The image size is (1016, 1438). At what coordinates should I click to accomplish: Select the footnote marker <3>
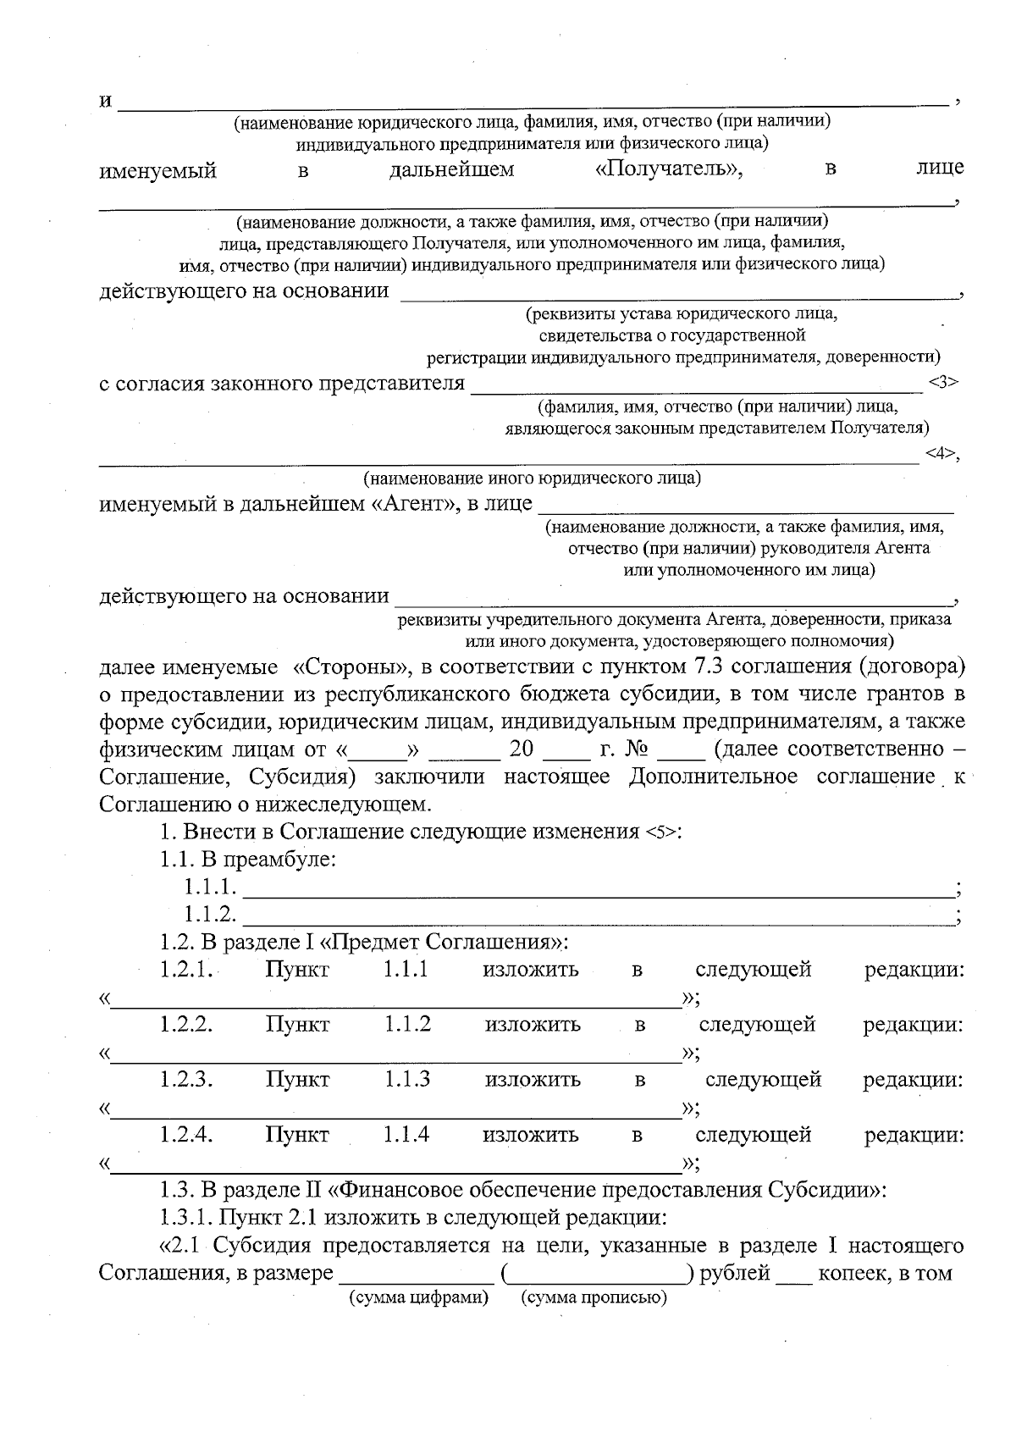pos(942,382)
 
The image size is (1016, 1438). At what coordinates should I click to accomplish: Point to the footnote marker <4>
pos(940,454)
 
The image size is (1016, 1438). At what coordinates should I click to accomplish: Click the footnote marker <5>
pos(661,832)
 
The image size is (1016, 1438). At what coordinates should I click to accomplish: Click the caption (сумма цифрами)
pos(419,1297)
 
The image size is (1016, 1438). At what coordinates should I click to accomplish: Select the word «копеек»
pos(849,1273)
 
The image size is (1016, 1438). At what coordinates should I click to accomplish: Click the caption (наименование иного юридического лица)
pos(532,478)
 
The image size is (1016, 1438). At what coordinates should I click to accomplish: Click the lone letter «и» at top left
pos(106,102)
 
